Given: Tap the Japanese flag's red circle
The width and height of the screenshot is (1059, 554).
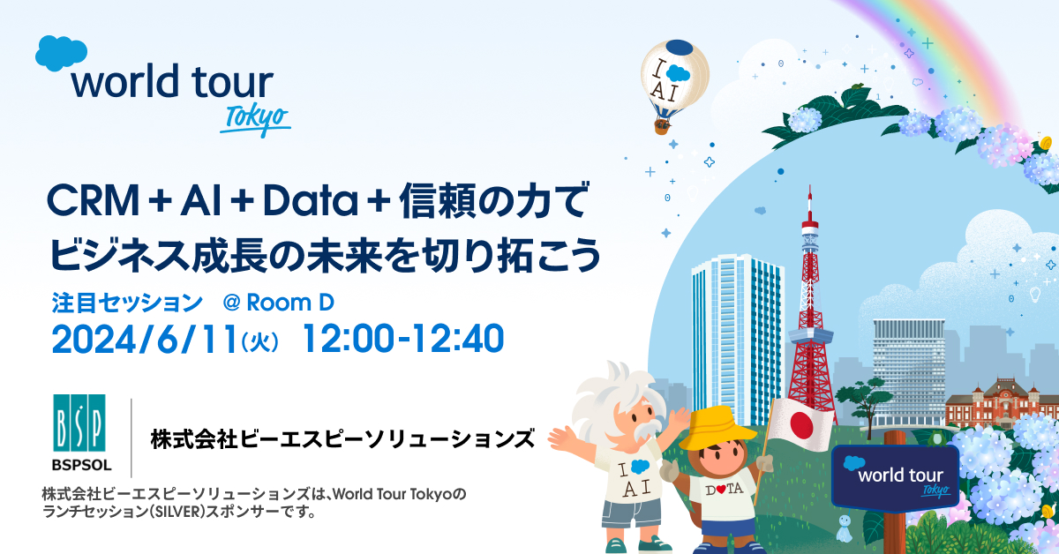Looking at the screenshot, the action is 801,424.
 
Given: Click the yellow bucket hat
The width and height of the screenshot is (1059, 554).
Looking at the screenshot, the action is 717,429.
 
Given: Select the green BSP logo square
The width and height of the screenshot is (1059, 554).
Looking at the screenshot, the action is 79,423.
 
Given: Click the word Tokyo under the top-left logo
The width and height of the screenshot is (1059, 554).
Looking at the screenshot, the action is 256,118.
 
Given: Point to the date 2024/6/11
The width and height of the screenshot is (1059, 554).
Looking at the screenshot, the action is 145,339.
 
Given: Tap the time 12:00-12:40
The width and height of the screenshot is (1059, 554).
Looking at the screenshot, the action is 403,339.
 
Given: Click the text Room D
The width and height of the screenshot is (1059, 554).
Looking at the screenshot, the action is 290,303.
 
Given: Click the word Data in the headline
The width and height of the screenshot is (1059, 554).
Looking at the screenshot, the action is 311,201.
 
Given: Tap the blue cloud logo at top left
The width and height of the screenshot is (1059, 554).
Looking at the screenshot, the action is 61,53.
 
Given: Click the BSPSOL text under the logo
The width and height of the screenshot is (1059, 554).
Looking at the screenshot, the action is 82,465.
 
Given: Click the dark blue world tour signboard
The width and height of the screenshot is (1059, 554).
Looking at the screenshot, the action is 895,478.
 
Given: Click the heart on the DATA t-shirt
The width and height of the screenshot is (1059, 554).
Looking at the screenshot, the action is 720,490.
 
